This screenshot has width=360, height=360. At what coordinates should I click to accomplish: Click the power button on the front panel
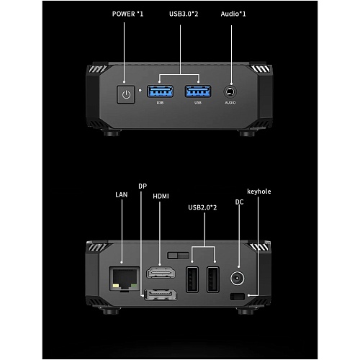pyautogui.click(x=126, y=94)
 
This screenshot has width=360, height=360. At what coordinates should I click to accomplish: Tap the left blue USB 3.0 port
pyautogui.click(x=160, y=91)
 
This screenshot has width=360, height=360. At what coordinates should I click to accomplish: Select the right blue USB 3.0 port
pyautogui.click(x=198, y=91)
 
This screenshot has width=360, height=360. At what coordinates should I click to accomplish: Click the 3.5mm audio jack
pyautogui.click(x=230, y=91)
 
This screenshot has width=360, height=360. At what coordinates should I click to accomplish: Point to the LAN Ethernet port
pyautogui.click(x=125, y=279)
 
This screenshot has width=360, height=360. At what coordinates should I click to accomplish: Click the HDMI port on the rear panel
pyautogui.click(x=161, y=273)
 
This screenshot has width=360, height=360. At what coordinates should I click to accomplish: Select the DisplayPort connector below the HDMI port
pyautogui.click(x=161, y=294)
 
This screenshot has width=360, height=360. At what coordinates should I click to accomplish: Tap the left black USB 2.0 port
pyautogui.click(x=192, y=279)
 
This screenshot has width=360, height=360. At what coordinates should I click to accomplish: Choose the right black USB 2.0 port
pyautogui.click(x=213, y=279)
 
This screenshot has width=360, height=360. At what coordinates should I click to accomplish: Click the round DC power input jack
pyautogui.click(x=238, y=279)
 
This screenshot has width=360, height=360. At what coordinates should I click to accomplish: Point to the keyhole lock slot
pyautogui.click(x=237, y=297)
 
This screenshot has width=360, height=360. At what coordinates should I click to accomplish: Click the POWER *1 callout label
pyautogui.click(x=127, y=14)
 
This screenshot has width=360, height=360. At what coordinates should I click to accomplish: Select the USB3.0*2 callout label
pyautogui.click(x=184, y=14)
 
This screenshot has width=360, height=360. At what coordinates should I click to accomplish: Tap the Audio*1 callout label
pyautogui.click(x=233, y=14)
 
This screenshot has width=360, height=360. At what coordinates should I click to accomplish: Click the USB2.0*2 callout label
pyautogui.click(x=202, y=207)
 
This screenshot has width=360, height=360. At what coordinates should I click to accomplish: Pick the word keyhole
pyautogui.click(x=259, y=192)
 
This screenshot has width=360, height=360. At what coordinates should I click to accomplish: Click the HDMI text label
pyautogui.click(x=161, y=197)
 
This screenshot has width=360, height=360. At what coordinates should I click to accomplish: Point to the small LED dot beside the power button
pyautogui.click(x=140, y=91)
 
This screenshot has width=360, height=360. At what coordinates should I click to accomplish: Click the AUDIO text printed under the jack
pyautogui.click(x=230, y=102)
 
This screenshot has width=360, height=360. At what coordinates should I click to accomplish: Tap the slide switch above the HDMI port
pyautogui.click(x=178, y=256)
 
